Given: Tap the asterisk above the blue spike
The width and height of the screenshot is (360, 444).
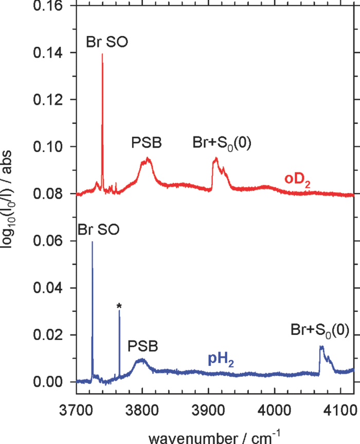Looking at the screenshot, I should pos(119,307).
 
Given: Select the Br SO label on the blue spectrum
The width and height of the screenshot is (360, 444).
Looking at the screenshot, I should pos(98,229).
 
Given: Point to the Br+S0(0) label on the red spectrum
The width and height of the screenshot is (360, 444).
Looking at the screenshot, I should pos(222,143).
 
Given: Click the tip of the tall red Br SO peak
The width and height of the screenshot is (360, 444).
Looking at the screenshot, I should pos(102,54).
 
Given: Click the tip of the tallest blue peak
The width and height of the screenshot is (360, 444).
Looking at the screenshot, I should pos(92,242).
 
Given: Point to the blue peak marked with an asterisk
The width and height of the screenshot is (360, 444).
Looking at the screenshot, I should pos(119,314).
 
